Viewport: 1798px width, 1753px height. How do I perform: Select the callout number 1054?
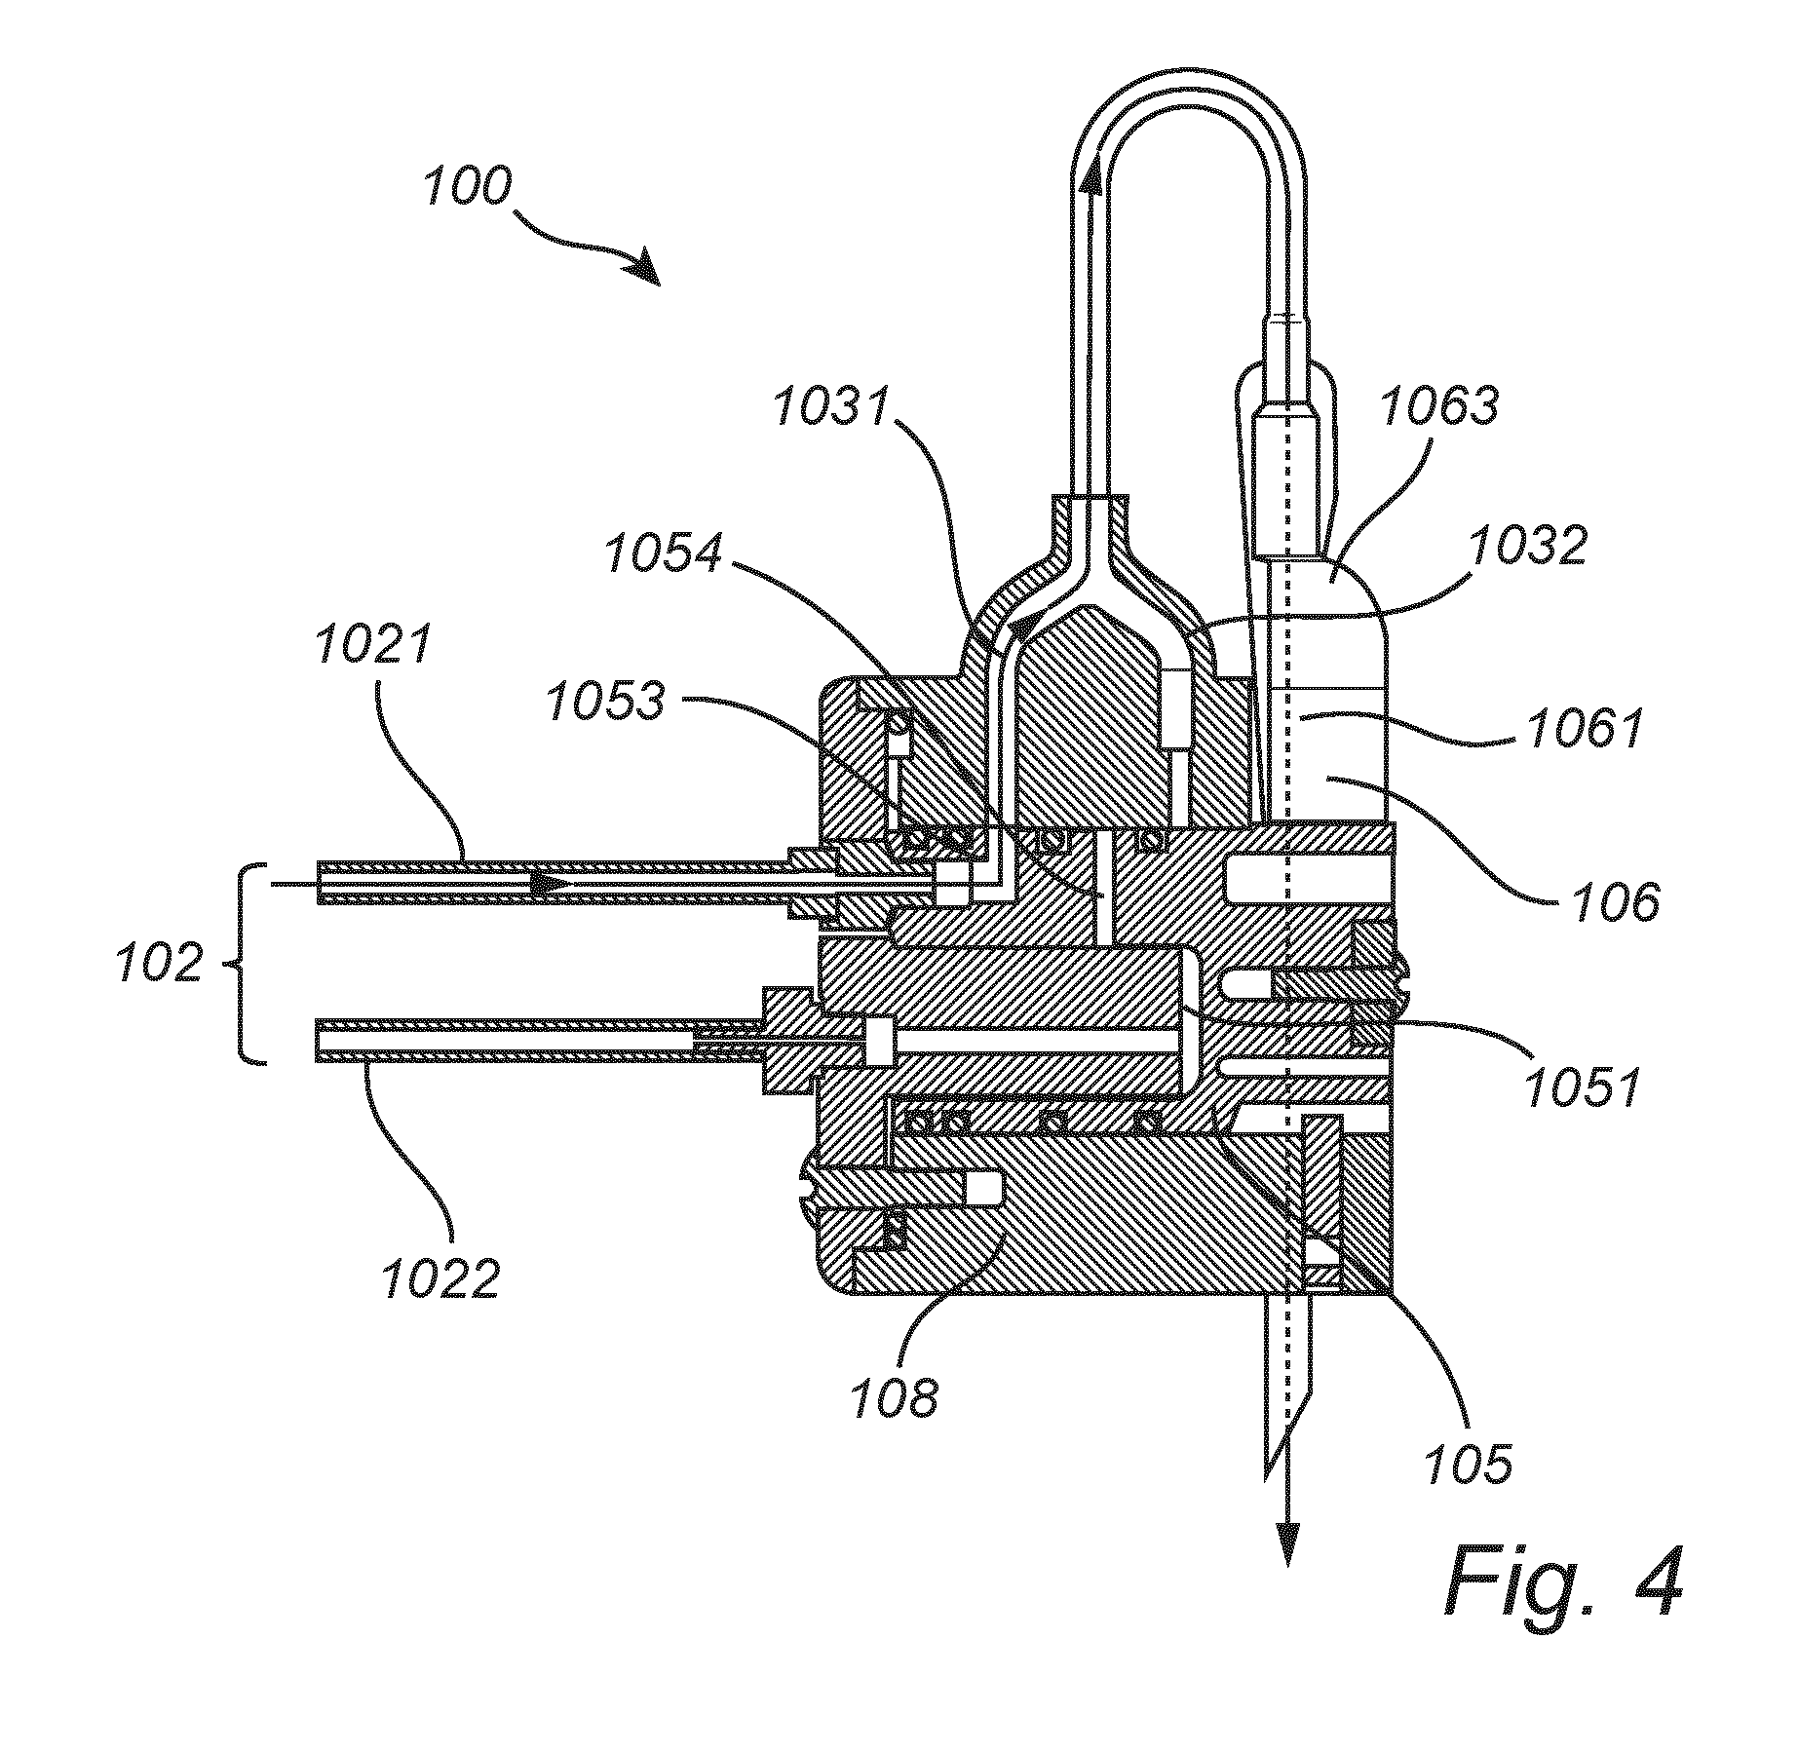coord(665,555)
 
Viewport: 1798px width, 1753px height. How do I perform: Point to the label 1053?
coord(607,701)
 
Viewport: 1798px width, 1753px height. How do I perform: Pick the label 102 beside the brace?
coord(159,965)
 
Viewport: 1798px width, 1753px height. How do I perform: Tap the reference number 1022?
coord(440,1278)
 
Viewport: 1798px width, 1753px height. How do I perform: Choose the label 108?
coord(894,1398)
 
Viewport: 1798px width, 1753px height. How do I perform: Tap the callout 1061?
coord(1586,728)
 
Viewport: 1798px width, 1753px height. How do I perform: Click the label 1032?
coord(1528,546)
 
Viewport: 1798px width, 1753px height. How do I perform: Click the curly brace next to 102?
coord(249,964)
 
